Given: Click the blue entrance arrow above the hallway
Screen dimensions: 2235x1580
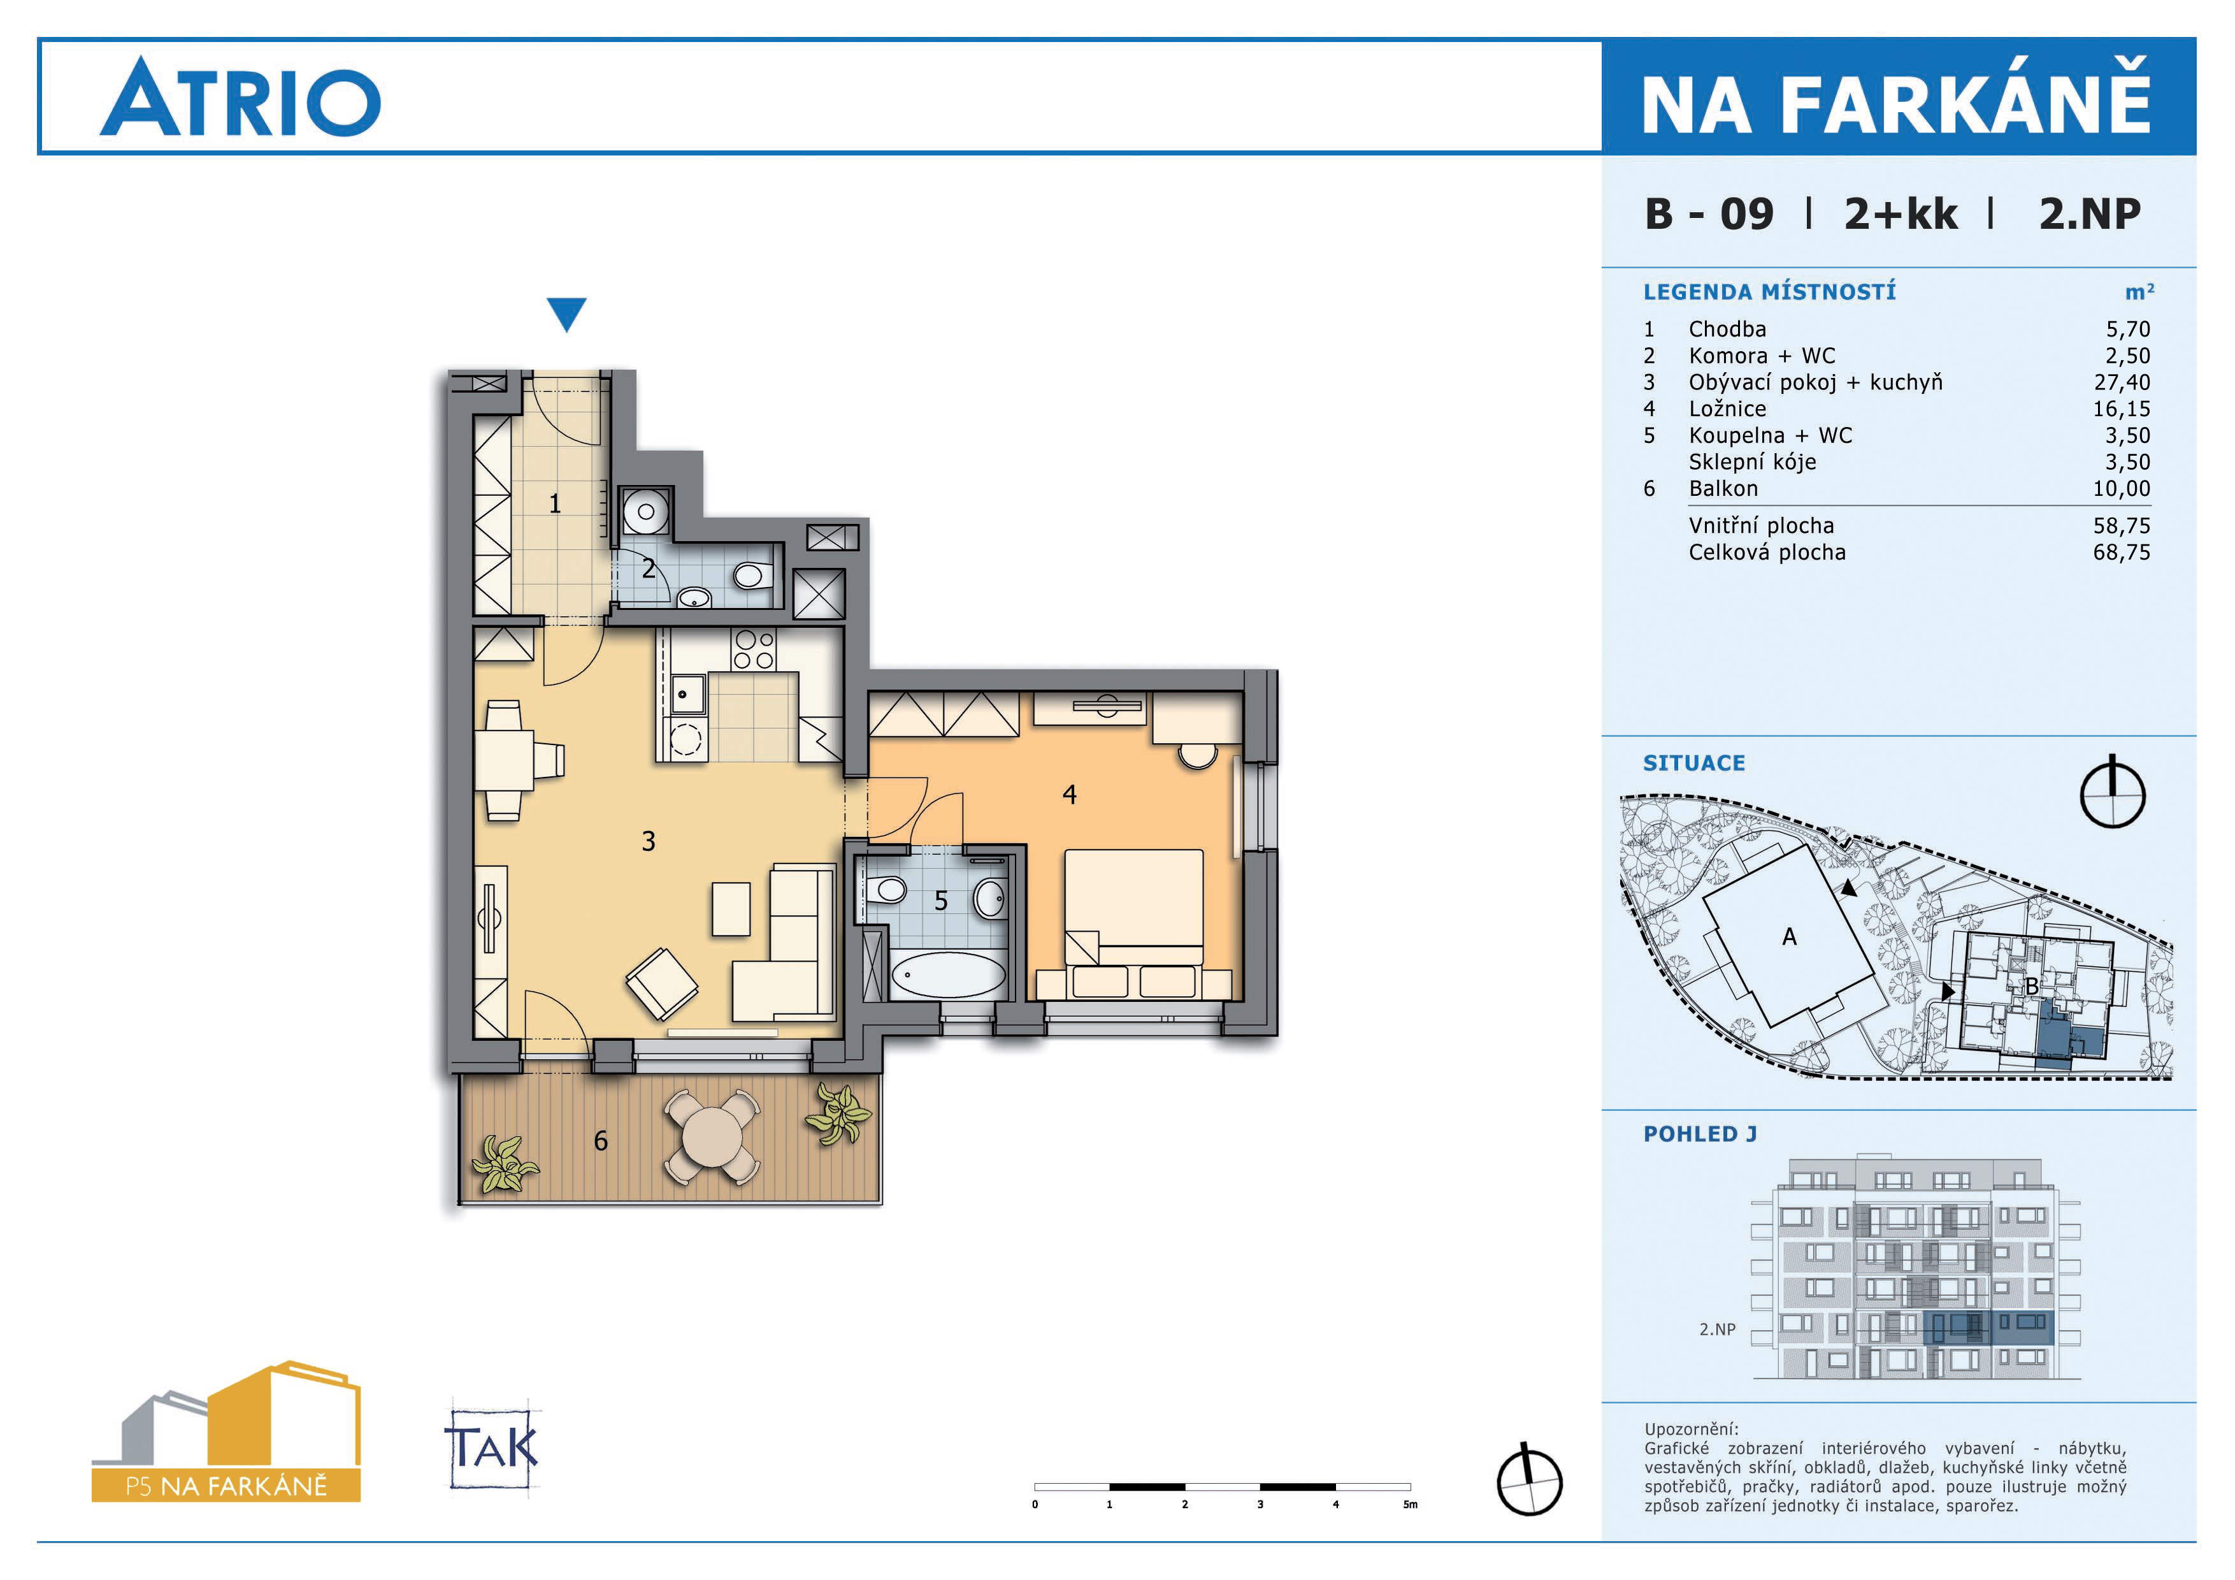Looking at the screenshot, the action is click(566, 314).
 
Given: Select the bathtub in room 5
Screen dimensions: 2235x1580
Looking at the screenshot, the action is click(948, 975).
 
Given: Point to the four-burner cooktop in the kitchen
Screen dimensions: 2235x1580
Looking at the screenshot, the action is click(754, 649).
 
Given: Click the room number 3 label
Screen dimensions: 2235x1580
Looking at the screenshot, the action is click(649, 841).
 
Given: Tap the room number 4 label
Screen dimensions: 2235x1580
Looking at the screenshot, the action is click(1069, 794).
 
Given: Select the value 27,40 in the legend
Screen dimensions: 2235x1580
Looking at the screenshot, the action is click(2122, 382).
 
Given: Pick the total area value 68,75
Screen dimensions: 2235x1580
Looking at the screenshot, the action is click(2122, 552).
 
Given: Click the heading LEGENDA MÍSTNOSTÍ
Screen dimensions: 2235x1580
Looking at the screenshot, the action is click(1770, 291).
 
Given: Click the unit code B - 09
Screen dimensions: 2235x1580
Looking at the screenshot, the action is click(1709, 214).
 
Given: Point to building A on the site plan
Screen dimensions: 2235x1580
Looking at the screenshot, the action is click(1789, 936).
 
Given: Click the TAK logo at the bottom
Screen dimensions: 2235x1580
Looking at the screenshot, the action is click(492, 1447).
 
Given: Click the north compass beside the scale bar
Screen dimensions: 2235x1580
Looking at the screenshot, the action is click(1529, 1481).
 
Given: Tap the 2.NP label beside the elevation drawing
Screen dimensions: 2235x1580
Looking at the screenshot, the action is click(1717, 1329).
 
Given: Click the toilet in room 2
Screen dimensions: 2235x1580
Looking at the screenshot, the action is click(749, 576).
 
